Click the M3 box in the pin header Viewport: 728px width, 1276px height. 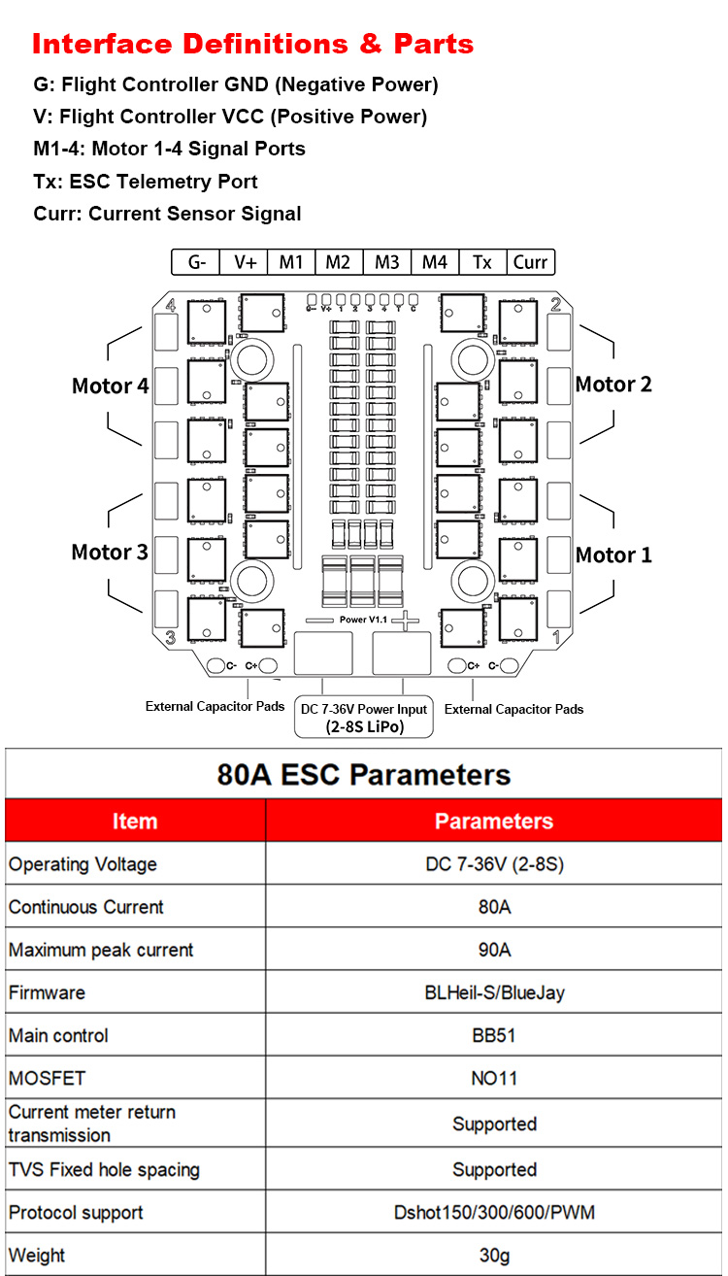pyautogui.click(x=386, y=262)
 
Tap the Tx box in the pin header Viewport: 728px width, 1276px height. pyautogui.click(x=482, y=262)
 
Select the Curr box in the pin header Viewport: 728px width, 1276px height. pyautogui.click(x=530, y=262)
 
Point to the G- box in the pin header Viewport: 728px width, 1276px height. pyautogui.click(x=196, y=262)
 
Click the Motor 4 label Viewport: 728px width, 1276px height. pyautogui.click(x=110, y=386)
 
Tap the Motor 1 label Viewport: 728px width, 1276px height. pyautogui.click(x=613, y=555)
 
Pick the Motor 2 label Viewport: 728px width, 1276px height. pyautogui.click(x=613, y=385)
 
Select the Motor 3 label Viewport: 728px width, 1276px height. pyautogui.click(x=110, y=553)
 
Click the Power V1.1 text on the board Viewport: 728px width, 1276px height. pyautogui.click(x=363, y=620)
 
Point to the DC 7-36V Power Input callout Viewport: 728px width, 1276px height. pyautogui.click(x=364, y=717)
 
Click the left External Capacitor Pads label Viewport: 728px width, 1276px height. pyautogui.click(x=215, y=706)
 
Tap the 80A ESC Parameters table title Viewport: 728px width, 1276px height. pyautogui.click(x=364, y=775)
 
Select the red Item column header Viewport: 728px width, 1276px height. pyautogui.click(x=135, y=822)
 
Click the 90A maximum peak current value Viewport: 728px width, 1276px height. pyautogui.click(x=494, y=950)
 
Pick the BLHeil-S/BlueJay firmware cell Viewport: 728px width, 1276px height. pyautogui.click(x=494, y=992)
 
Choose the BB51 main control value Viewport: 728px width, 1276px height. pyautogui.click(x=494, y=1035)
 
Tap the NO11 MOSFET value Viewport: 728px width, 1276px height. pyautogui.click(x=494, y=1078)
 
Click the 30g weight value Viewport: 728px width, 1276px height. pyautogui.click(x=494, y=1255)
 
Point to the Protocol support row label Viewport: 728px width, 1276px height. pyautogui.click(x=76, y=1213)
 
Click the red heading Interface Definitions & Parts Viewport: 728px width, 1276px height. pyautogui.click(x=252, y=44)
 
